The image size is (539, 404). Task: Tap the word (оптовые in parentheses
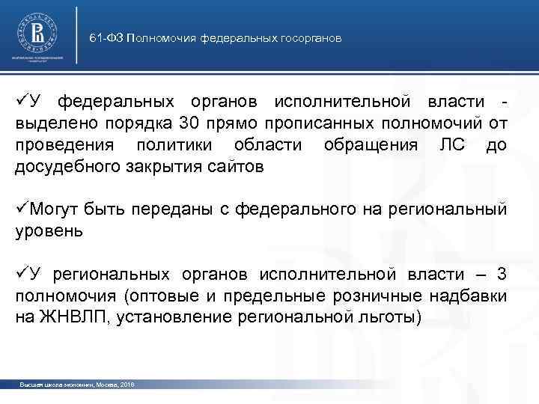(x=177, y=296)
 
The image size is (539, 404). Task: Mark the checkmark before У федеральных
(x=21, y=101)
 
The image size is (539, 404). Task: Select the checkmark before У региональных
(x=21, y=275)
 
